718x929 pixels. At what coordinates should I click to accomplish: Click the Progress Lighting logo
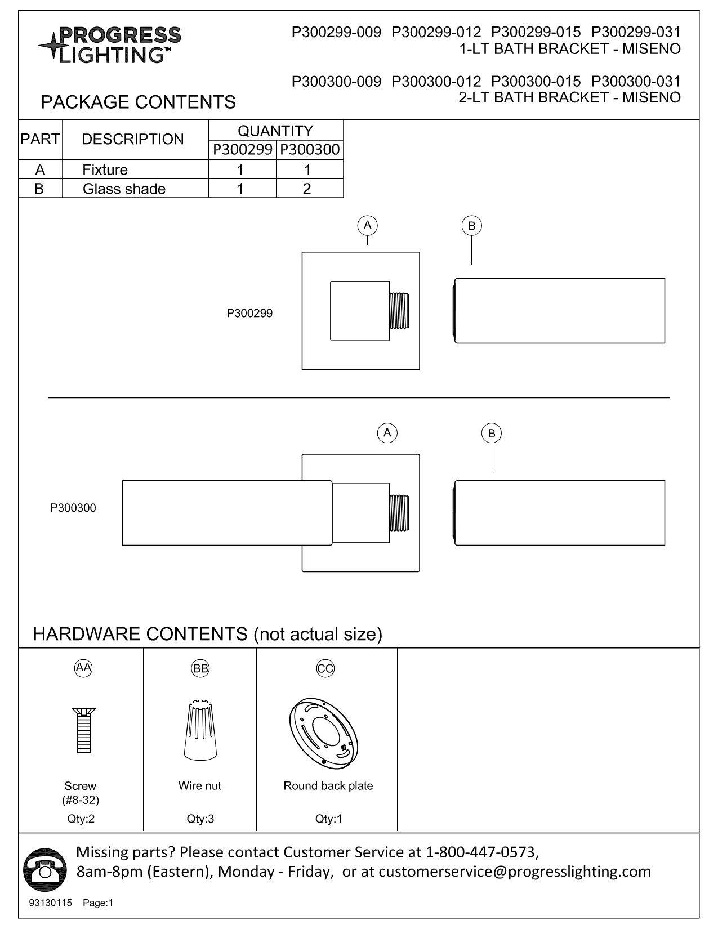coord(110,44)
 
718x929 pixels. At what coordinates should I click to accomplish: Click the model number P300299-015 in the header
coord(536,32)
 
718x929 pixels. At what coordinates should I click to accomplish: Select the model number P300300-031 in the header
coord(636,81)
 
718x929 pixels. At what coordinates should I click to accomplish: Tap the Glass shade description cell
coord(124,189)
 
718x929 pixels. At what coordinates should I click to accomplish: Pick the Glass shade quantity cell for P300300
coord(307,189)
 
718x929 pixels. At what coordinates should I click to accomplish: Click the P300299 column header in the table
coord(243,150)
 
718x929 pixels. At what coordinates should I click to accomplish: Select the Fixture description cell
coord(105,169)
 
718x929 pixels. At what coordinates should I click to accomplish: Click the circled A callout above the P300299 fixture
coord(367,225)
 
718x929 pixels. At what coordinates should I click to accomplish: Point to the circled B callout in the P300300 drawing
coord(492,434)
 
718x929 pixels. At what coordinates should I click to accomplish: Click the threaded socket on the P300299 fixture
coord(399,310)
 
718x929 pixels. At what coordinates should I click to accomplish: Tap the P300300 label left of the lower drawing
coord(73,508)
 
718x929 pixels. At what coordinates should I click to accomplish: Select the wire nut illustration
coord(199,730)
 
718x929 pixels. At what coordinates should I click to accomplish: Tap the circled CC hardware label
coord(325,668)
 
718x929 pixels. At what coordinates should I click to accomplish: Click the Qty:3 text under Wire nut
coord(200,819)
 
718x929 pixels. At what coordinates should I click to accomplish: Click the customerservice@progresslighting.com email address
coord(514,872)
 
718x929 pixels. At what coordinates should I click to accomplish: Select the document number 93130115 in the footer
coord(51,903)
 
